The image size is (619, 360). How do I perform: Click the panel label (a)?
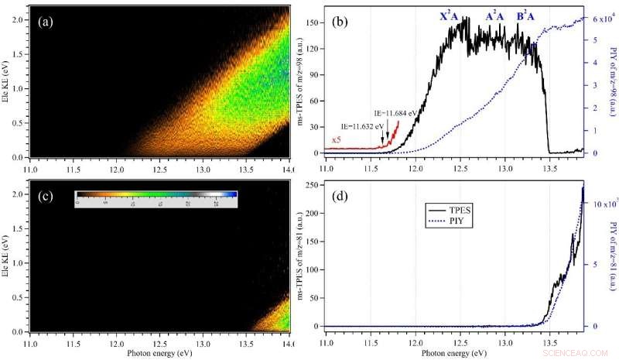pyautogui.click(x=44, y=22)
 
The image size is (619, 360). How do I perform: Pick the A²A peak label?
pyautogui.click(x=495, y=15)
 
